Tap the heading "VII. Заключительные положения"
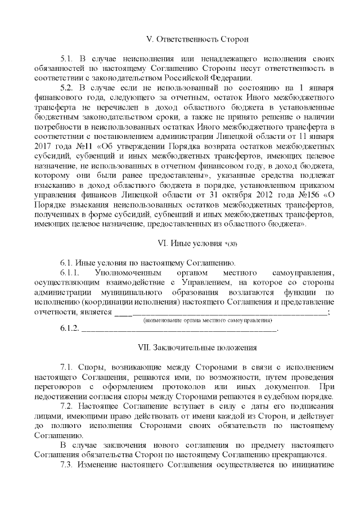197,348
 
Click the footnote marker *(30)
230,244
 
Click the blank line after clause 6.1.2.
180,331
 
